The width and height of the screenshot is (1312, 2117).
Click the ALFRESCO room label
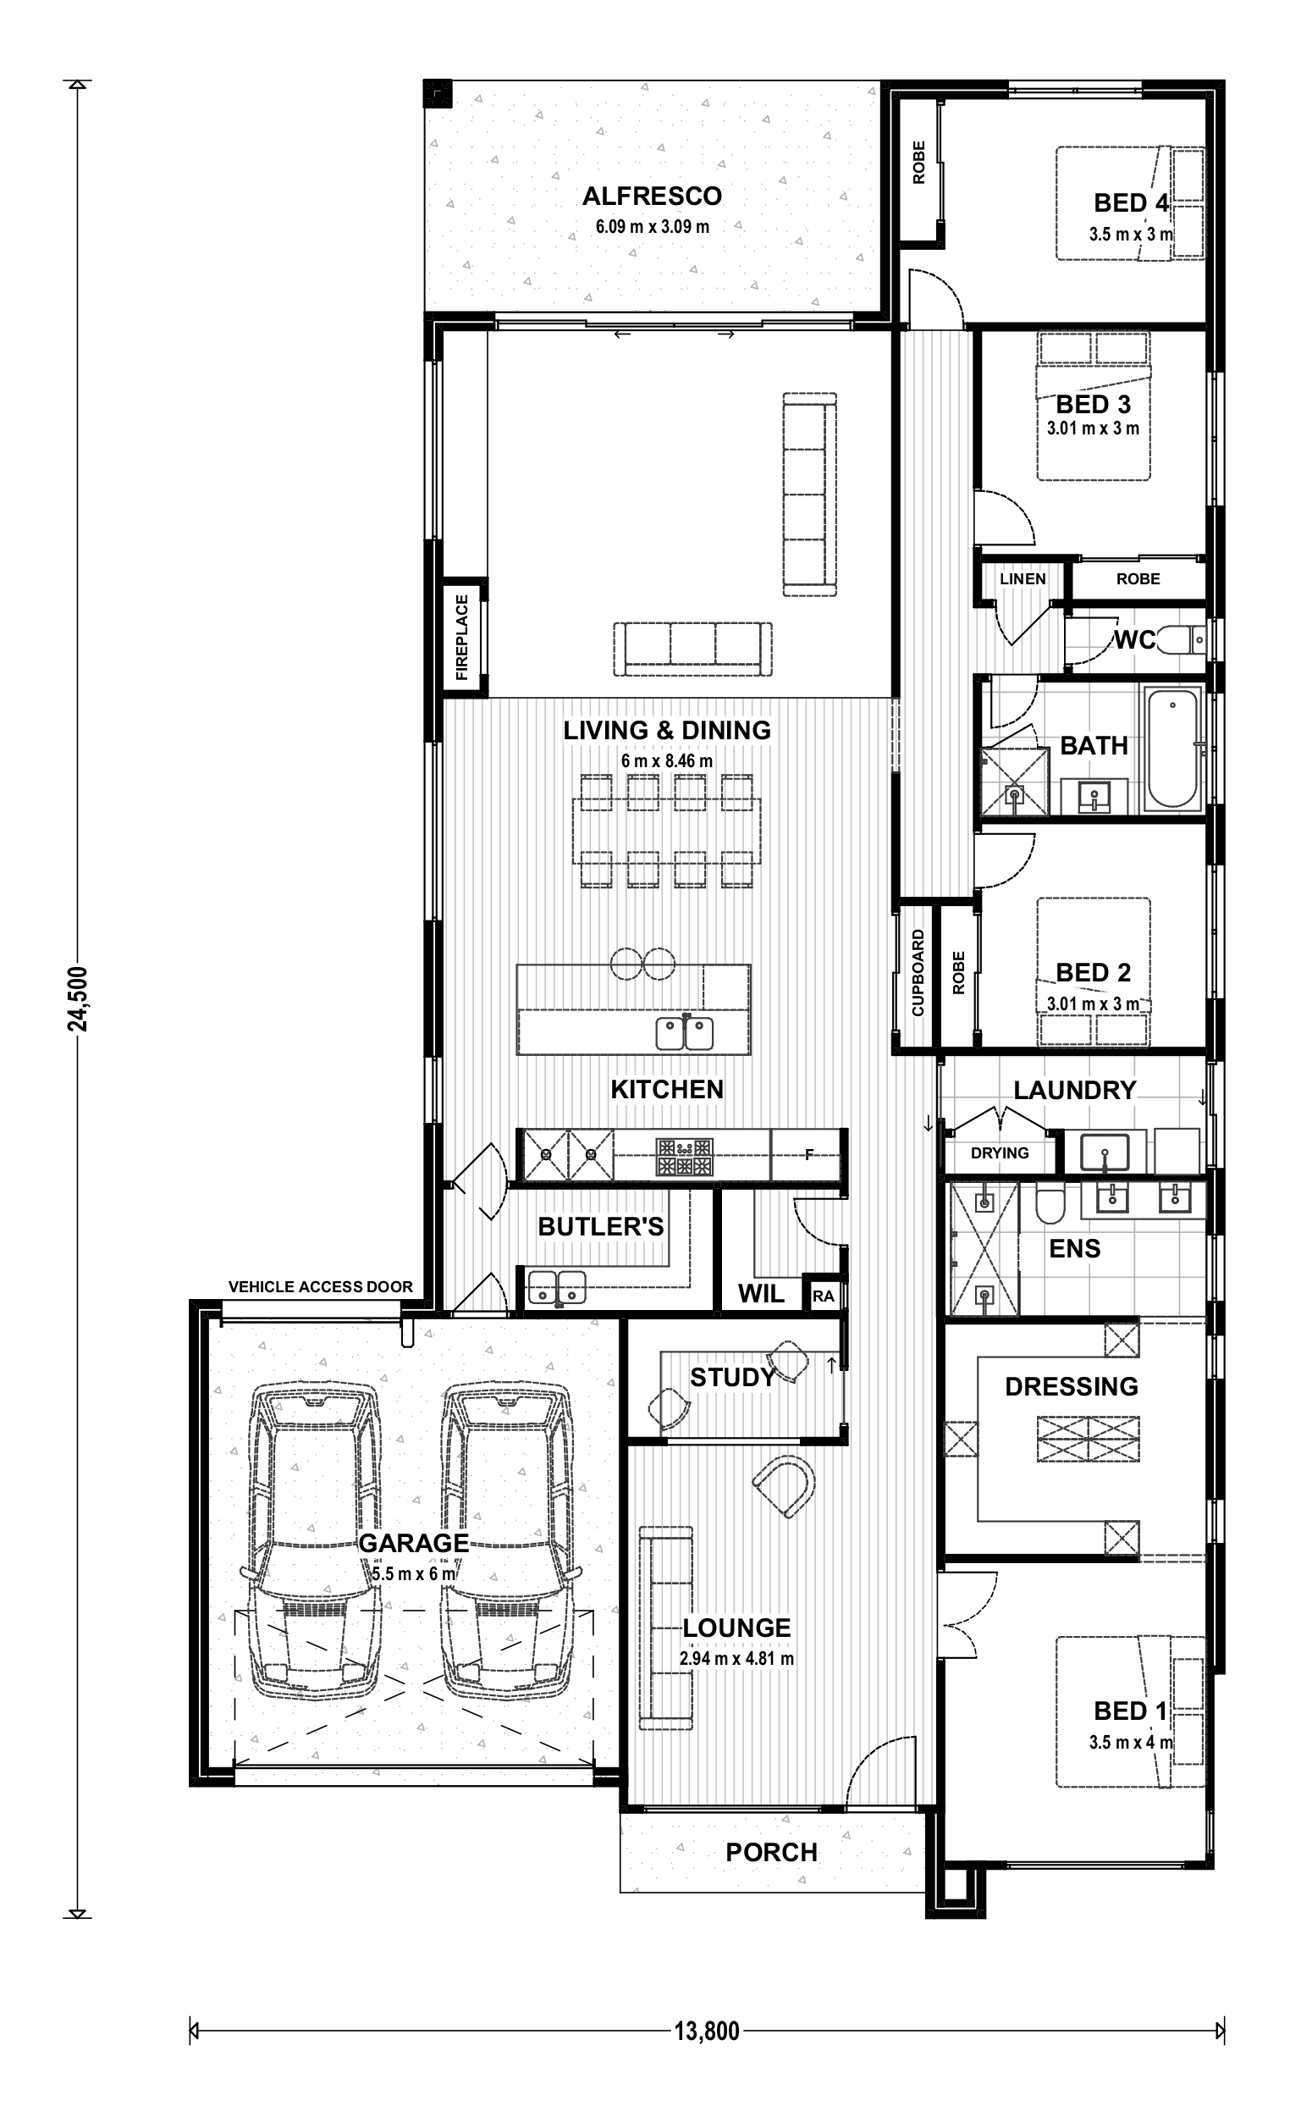(652, 196)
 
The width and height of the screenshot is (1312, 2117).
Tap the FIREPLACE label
(461, 637)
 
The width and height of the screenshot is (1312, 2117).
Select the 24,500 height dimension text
(78, 998)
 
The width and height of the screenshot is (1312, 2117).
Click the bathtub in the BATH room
(1173, 749)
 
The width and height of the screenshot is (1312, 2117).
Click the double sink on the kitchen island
(685, 1033)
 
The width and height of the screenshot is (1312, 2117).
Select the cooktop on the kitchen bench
(686, 1156)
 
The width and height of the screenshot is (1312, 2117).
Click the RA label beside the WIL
(823, 1296)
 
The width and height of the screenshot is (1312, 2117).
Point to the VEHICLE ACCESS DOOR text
(320, 1286)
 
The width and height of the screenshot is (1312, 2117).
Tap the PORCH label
(771, 1852)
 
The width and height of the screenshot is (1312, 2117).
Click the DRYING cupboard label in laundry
(1000, 1152)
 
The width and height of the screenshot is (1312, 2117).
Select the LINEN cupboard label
(1023, 579)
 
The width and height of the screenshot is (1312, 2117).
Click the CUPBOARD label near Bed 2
(918, 972)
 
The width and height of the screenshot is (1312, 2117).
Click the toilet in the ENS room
(1050, 1204)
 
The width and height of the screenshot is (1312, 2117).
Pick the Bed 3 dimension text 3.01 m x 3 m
(1093, 428)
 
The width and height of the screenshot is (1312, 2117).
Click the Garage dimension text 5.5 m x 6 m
(413, 1573)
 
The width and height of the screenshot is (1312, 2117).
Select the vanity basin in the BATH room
(1094, 796)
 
